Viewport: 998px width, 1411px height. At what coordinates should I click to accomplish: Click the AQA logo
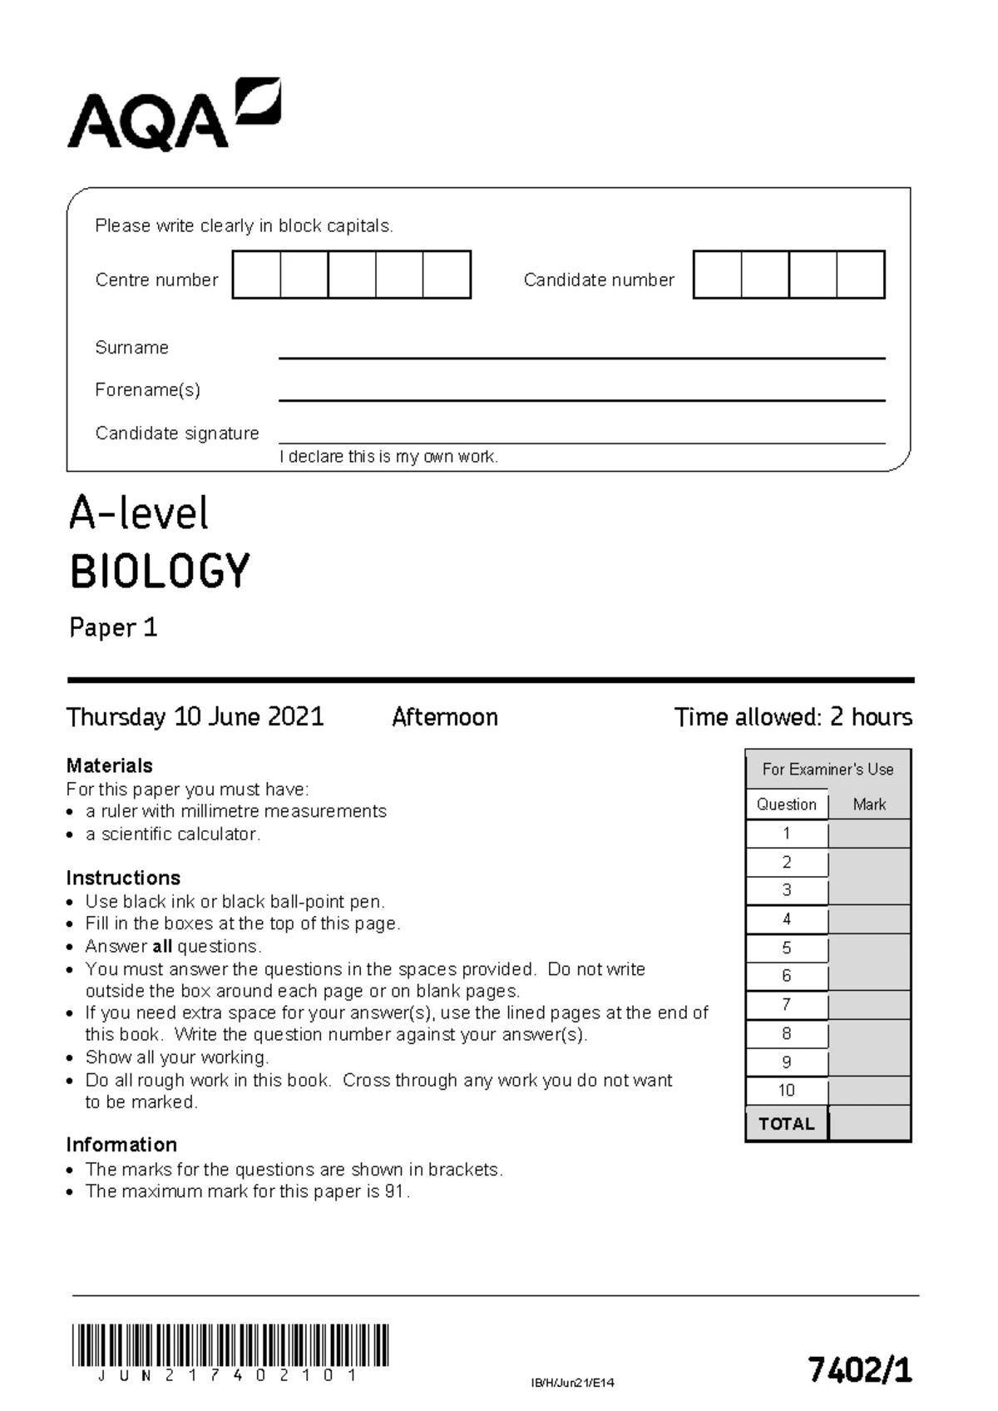coord(173,116)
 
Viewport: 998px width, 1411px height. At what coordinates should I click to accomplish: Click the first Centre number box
coord(256,275)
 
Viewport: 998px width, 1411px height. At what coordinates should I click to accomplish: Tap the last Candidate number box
coord(860,275)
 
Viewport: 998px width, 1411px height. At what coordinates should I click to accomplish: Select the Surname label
coord(131,348)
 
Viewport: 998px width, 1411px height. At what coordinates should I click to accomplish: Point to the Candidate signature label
coord(176,433)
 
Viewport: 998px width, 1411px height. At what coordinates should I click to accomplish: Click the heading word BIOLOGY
coord(159,572)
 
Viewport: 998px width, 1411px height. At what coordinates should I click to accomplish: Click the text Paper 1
coord(113,627)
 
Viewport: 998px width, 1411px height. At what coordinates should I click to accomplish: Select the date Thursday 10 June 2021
coord(195,716)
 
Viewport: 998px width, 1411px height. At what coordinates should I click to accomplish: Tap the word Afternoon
coord(444,717)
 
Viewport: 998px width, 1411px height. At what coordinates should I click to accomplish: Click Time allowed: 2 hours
coord(793,716)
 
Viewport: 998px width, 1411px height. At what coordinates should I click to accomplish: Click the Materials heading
coord(109,765)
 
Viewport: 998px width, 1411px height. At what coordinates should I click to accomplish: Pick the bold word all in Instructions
coord(162,946)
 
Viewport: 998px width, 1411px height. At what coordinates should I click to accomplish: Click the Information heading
coord(121,1144)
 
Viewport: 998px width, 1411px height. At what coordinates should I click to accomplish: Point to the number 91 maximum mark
coord(394,1191)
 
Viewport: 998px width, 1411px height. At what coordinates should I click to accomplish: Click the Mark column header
coord(869,805)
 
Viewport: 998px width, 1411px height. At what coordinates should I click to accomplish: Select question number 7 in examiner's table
coord(786,1004)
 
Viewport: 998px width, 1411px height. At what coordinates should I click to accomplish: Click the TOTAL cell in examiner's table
coord(786,1124)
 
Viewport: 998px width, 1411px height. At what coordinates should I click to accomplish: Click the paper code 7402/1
coord(859,1369)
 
